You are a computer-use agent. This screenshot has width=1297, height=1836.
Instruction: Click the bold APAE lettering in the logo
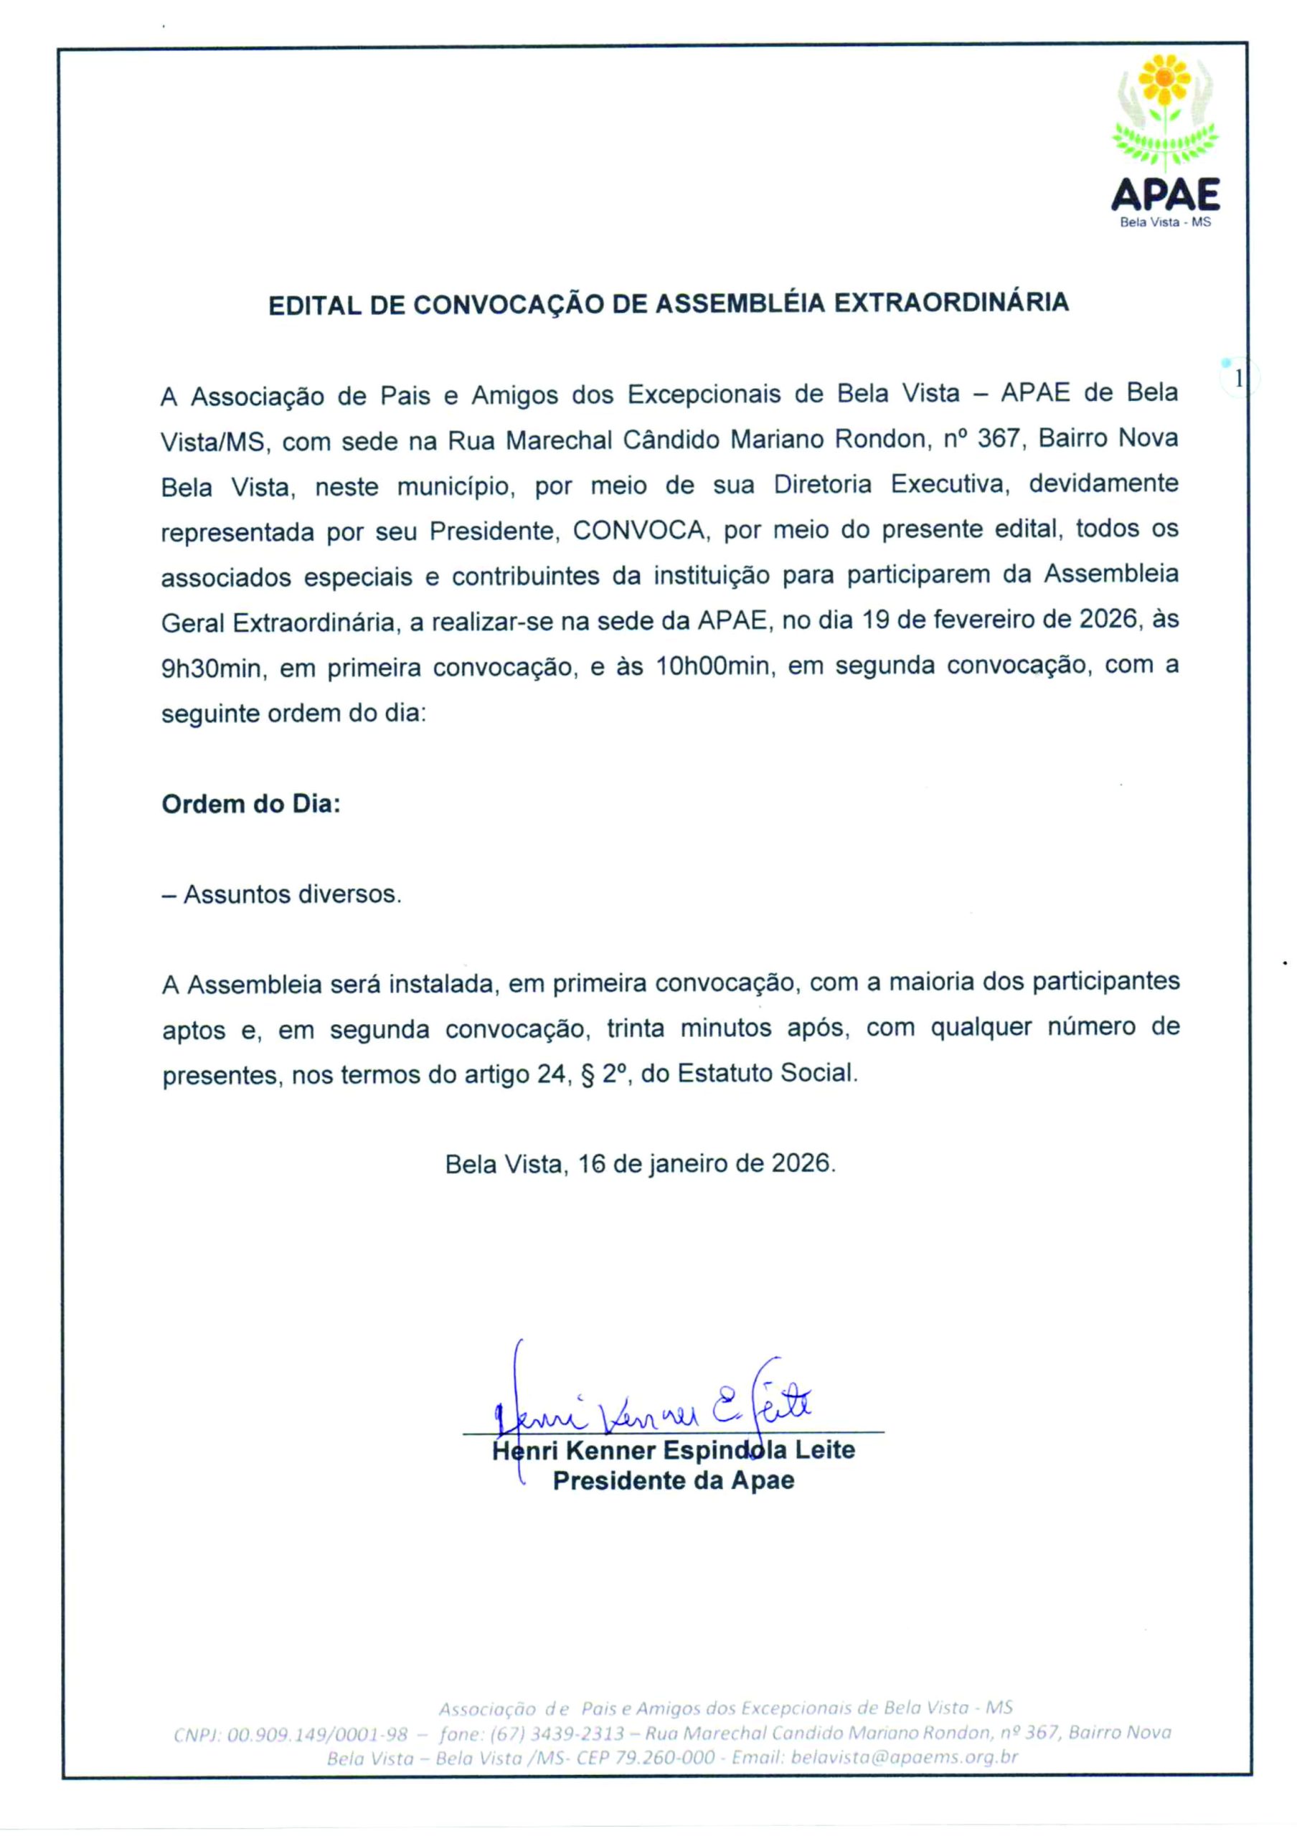[x=1165, y=195]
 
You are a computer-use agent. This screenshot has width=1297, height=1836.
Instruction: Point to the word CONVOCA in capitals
[x=639, y=530]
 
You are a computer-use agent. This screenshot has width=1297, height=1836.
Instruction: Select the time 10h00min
[x=712, y=666]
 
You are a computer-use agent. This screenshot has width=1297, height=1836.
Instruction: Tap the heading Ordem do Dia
[x=251, y=804]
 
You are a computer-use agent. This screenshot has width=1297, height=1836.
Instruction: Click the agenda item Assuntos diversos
[x=291, y=894]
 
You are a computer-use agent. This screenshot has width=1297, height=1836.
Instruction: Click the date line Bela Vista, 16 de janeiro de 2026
[x=641, y=1163]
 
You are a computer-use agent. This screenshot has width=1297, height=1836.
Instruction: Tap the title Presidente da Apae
[x=674, y=1480]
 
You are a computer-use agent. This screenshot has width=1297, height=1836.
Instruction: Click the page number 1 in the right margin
[x=1239, y=379]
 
